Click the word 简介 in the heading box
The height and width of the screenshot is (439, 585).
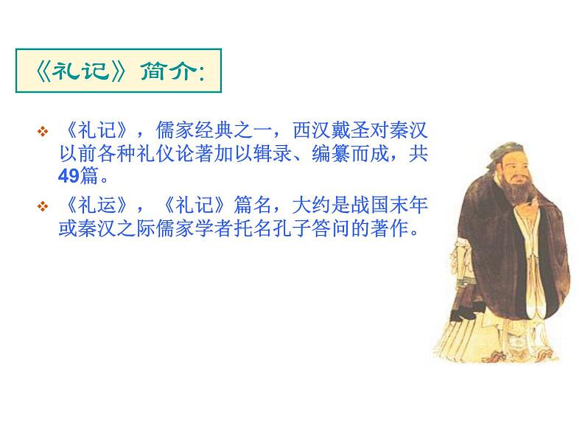[x=170, y=73]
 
